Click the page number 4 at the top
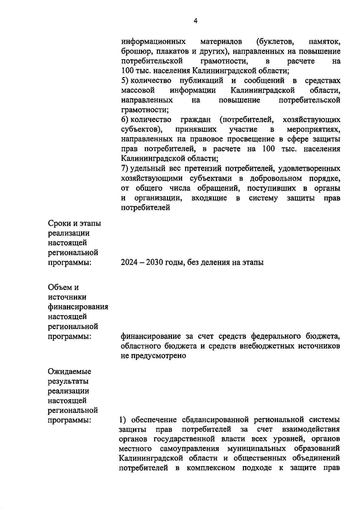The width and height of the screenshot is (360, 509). pyautogui.click(x=196, y=21)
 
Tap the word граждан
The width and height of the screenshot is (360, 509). pyautogui.click(x=195, y=120)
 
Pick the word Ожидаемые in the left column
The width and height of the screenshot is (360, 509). pyautogui.click(x=70, y=372)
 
